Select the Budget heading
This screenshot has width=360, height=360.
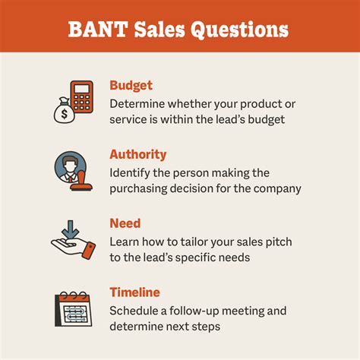(x=131, y=85)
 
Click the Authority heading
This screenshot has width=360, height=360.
(x=137, y=154)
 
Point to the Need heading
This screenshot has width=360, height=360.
(x=125, y=224)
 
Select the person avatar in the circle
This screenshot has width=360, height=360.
(x=68, y=165)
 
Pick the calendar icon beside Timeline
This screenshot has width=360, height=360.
(x=74, y=308)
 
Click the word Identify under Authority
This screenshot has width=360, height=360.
(x=133, y=172)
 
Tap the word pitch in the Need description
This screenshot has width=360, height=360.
(x=274, y=242)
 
